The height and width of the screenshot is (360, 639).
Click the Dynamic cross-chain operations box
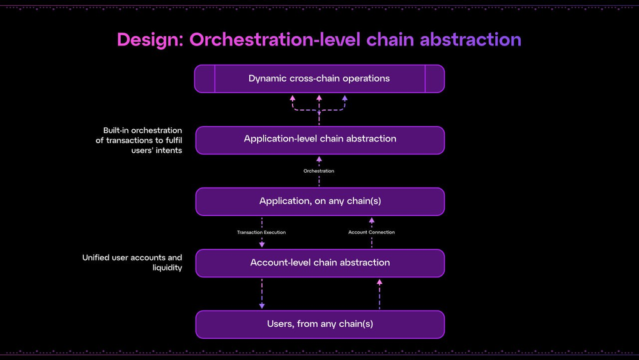pyautogui.click(x=319, y=79)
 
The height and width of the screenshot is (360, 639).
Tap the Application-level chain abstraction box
pyautogui.click(x=319, y=139)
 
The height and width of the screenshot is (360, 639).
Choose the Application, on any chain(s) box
pyautogui.click(x=319, y=201)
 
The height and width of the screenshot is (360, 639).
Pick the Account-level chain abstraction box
pyautogui.click(x=319, y=263)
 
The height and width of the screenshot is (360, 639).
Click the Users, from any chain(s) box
pyautogui.click(x=319, y=324)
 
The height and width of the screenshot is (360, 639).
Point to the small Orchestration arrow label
pyautogui.click(x=319, y=171)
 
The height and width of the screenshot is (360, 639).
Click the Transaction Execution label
pyautogui.click(x=261, y=232)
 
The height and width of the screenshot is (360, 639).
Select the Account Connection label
pyautogui.click(x=371, y=232)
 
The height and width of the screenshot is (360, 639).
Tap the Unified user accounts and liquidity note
pyautogui.click(x=132, y=263)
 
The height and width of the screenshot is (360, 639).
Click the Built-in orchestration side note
pyautogui.click(x=139, y=140)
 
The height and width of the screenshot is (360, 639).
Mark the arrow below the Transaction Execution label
pyautogui.click(x=262, y=243)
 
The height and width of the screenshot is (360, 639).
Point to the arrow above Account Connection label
pyautogui.click(x=371, y=221)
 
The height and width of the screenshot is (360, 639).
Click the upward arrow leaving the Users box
pyautogui.click(x=380, y=282)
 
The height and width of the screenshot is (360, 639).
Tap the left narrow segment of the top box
pyautogui.click(x=205, y=79)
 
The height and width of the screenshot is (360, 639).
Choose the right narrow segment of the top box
pyautogui.click(x=435, y=79)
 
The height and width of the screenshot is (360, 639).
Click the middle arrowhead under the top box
pyautogui.click(x=319, y=98)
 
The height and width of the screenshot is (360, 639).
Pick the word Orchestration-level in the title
pyautogui.click(x=275, y=40)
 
